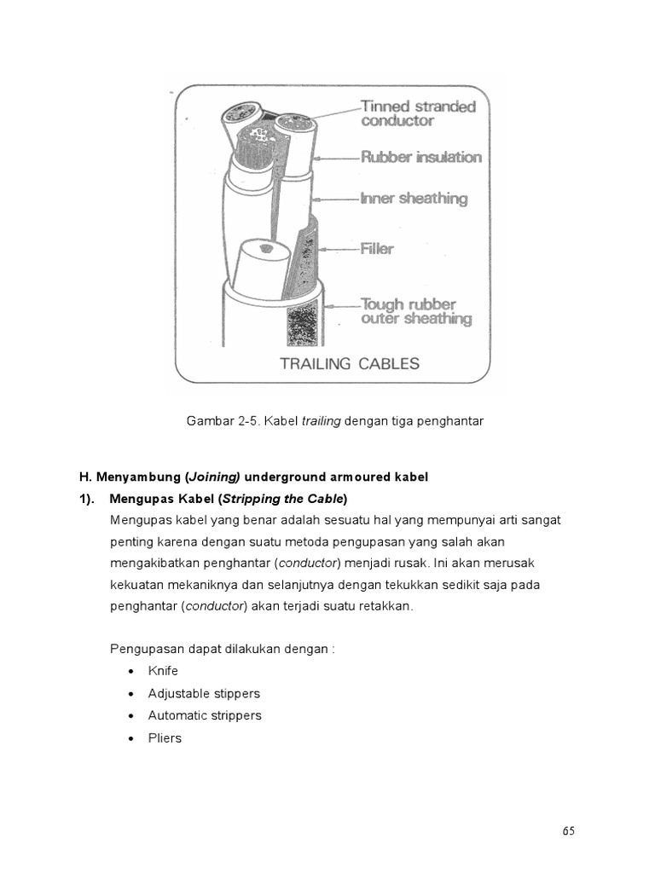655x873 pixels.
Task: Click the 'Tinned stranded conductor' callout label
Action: [x=418, y=113]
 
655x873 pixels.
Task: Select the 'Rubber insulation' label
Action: [x=421, y=157]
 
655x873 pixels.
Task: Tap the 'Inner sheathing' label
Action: [x=414, y=199]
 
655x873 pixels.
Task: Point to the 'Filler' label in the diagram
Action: [x=378, y=249]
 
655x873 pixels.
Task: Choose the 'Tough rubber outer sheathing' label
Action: [x=415, y=311]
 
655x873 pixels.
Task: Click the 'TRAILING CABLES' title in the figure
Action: [x=350, y=364]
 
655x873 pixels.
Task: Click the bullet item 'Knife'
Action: [x=163, y=671]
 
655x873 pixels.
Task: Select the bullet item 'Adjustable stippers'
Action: [x=204, y=693]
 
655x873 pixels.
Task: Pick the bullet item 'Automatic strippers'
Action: [x=205, y=715]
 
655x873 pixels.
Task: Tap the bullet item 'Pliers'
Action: [x=165, y=737]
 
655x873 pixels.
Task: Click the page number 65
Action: [x=569, y=832]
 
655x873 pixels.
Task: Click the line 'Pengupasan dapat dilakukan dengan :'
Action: [x=223, y=649]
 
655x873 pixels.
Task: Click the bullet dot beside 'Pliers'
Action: [x=130, y=738]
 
